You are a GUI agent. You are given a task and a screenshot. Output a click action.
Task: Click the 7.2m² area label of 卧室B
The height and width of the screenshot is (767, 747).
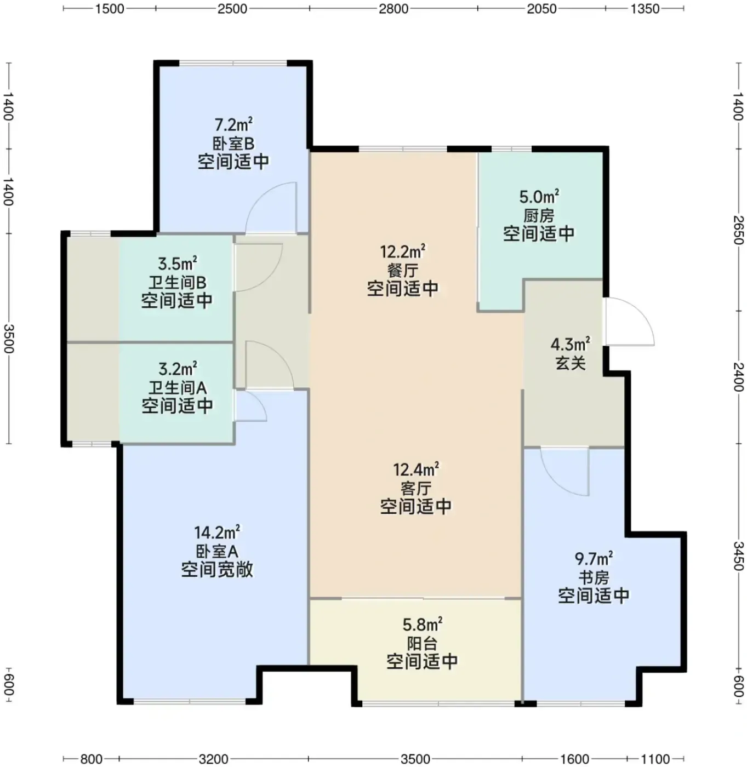tap(233, 125)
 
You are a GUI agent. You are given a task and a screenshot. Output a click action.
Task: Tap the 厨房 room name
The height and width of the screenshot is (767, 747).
tap(539, 216)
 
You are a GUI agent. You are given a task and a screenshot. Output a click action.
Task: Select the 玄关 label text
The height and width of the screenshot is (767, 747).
tap(571, 363)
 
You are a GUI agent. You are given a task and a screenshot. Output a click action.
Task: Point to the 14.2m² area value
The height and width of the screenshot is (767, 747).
tap(217, 533)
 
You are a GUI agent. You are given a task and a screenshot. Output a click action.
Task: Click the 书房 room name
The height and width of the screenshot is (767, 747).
tap(594, 577)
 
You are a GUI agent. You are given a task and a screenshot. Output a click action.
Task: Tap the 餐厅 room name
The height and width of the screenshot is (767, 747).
tap(402, 271)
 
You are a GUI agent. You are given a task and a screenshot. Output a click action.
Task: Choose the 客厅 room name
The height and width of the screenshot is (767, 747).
tap(416, 489)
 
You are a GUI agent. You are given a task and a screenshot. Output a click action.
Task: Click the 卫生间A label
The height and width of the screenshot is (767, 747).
tap(178, 388)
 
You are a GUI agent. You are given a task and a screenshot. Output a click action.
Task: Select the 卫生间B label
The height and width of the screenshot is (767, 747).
tap(178, 283)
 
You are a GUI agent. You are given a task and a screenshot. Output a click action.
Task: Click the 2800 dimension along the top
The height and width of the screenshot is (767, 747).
tap(394, 9)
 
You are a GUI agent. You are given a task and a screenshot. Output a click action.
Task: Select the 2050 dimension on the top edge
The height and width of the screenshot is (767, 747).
tap(541, 9)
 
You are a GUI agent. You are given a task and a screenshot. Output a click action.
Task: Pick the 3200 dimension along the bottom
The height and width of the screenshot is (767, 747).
tap(213, 759)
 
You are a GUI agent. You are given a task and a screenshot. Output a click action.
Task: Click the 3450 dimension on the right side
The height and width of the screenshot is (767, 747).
tap(738, 556)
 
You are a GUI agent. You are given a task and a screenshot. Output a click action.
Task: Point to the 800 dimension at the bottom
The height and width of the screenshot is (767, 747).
tap(91, 759)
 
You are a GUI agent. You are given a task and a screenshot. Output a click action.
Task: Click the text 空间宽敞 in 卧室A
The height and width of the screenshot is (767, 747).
tap(217, 569)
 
